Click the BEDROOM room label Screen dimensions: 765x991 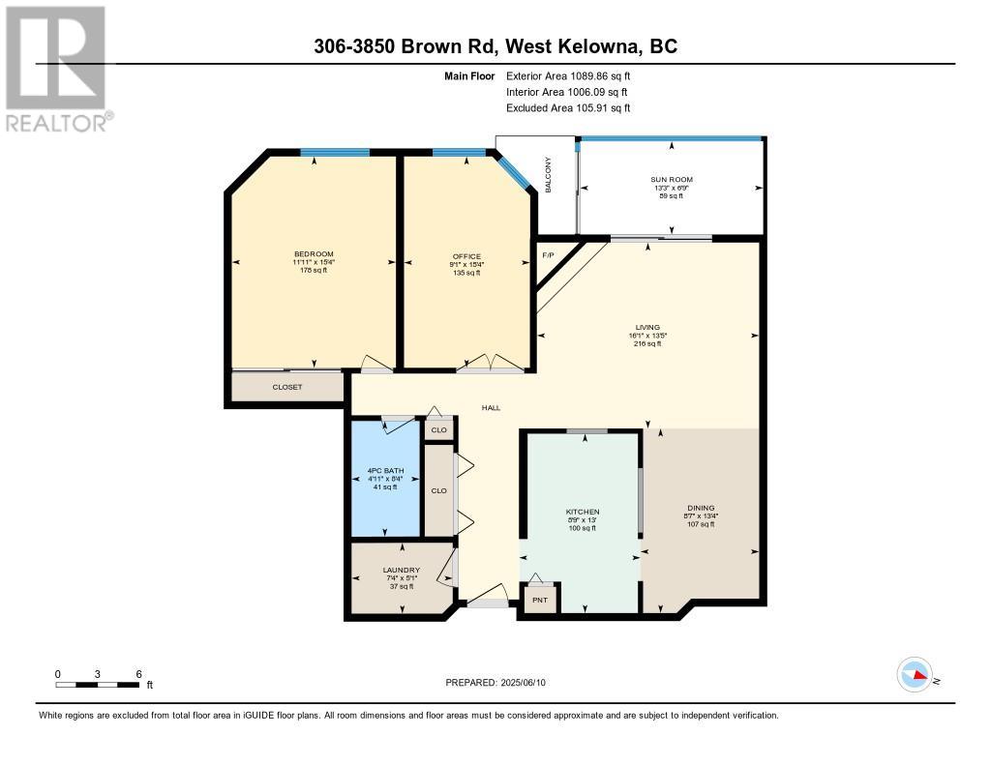(314, 254)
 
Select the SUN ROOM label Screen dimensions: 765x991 (671, 180)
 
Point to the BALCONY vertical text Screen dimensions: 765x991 (548, 175)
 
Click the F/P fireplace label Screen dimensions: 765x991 (548, 255)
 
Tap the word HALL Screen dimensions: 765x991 (492, 408)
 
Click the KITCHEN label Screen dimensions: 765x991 (583, 512)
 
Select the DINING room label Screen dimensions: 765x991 (701, 508)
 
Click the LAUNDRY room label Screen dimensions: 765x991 (401, 571)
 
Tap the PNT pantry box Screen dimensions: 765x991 (540, 600)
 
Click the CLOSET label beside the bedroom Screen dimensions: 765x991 (287, 387)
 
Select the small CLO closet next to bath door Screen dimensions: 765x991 (438, 429)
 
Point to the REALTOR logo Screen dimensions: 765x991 (58, 68)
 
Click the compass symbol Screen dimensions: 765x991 (915, 674)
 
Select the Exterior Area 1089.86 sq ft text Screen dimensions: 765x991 (568, 75)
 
